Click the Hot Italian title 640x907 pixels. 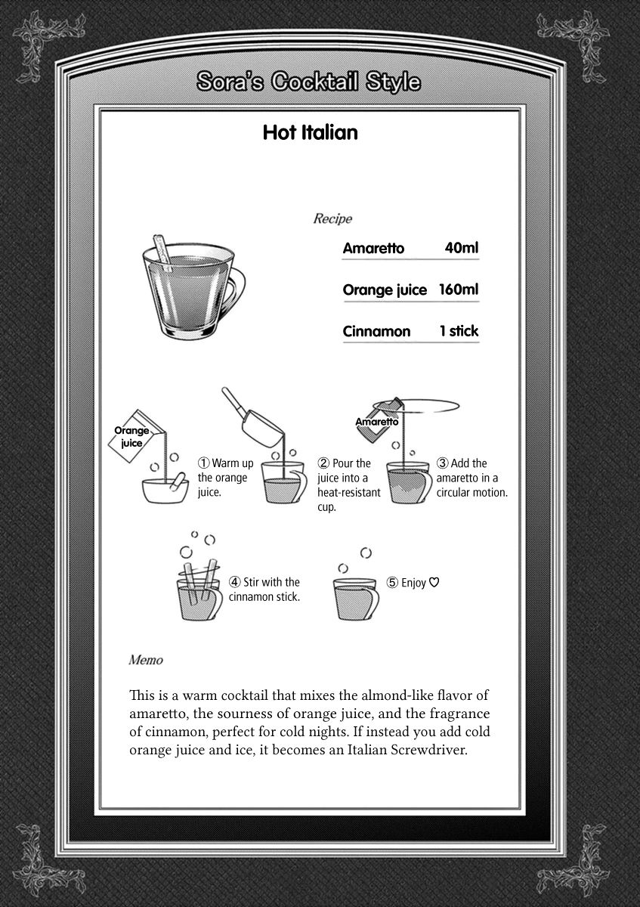[x=310, y=134]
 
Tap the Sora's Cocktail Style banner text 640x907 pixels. [x=308, y=82]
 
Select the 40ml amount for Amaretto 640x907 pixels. [x=462, y=248]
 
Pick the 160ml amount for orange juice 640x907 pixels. [x=458, y=289]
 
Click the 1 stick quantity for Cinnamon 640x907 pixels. [x=459, y=331]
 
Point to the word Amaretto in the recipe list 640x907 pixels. [x=373, y=248]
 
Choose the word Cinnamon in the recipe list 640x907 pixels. [x=376, y=331]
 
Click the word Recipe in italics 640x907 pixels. [x=332, y=219]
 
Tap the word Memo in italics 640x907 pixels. [x=146, y=660]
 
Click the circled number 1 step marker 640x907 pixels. [x=203, y=463]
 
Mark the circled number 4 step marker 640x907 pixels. [x=235, y=582]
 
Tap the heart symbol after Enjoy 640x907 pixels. [x=434, y=583]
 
